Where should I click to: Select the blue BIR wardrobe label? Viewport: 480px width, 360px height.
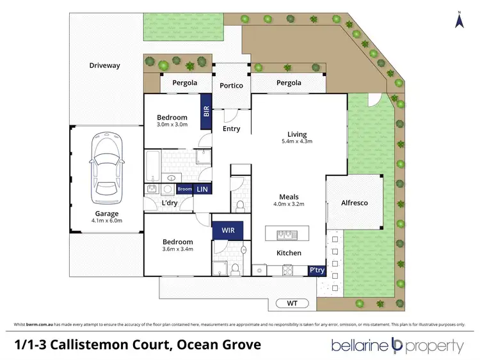pos(206,111)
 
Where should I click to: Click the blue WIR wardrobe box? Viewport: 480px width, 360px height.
pos(227,229)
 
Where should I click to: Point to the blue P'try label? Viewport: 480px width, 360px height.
pos(316,270)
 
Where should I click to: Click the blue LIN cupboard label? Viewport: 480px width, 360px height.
pos(202,189)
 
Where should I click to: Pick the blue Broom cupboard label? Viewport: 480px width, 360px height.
pos(184,189)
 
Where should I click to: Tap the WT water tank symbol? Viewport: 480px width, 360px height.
pos(292,302)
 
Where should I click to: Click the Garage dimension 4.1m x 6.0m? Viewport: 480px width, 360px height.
pos(107,221)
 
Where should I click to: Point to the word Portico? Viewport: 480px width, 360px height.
pos(231,85)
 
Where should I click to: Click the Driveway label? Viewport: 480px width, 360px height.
pos(104,65)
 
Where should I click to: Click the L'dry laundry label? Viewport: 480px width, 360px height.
pos(169,203)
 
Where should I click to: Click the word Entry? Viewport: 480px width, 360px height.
pos(231,129)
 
